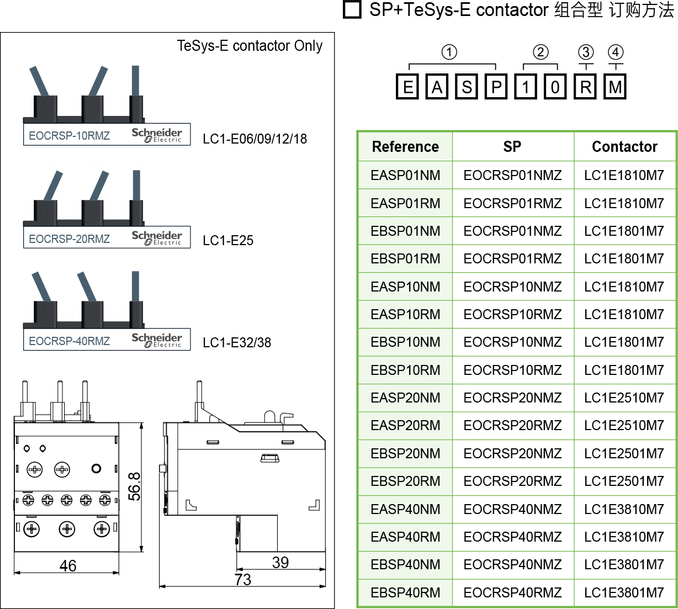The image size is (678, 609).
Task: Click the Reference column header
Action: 405,147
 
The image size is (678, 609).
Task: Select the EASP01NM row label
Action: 405,176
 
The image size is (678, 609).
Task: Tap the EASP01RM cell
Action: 405,203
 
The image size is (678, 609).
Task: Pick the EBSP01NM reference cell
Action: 405,231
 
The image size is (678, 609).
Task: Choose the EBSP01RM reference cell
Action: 405,258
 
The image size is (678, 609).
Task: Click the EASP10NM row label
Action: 405,287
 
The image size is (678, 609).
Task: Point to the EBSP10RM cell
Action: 405,370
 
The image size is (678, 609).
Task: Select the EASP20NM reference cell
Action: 405,398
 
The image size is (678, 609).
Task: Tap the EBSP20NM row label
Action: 405,453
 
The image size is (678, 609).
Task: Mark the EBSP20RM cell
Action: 405,481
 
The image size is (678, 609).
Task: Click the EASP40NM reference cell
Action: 405,509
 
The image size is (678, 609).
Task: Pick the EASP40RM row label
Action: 405,537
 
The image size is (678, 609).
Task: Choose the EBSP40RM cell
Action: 405,592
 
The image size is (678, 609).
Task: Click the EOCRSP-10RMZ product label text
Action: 69,136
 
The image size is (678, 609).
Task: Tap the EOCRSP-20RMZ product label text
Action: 69,239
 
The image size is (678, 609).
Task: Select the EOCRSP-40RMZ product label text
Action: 69,341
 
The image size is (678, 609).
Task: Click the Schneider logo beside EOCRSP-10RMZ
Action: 157,135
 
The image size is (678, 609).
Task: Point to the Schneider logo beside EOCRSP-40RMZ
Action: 157,340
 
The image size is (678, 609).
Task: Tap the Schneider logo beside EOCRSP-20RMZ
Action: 157,238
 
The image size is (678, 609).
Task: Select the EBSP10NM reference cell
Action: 405,342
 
